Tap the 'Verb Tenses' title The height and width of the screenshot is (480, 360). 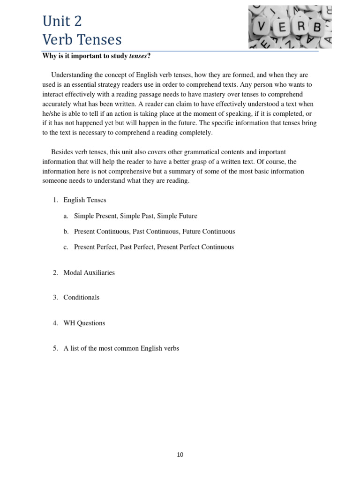tap(82, 39)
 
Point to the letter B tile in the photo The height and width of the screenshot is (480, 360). tap(317, 27)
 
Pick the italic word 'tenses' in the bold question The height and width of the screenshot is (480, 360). tap(138, 57)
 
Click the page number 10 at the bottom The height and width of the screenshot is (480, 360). tap(180, 455)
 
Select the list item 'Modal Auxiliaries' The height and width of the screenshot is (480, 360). tap(89, 273)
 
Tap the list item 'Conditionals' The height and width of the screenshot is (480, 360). tap(82, 298)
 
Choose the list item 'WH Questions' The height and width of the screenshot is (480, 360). tap(84, 323)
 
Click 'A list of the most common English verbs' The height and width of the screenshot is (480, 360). tap(121, 348)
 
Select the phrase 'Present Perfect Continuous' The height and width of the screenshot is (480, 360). tap(195, 247)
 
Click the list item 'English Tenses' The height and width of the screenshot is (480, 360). tap(85, 200)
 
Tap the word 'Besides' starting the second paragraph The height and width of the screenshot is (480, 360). tap(62, 152)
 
